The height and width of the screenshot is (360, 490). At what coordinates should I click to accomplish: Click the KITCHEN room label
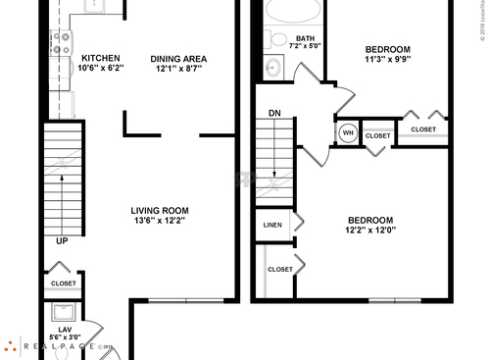click(101, 58)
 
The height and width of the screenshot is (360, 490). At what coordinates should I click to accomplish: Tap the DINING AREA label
click(178, 58)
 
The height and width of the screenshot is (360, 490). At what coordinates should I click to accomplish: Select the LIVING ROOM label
click(160, 210)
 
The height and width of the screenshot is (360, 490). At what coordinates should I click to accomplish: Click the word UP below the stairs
click(63, 240)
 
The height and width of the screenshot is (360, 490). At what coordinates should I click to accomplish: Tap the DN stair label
click(275, 112)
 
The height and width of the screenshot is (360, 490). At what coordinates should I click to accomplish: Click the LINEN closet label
click(273, 225)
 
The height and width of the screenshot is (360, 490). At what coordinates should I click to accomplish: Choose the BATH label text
click(291, 38)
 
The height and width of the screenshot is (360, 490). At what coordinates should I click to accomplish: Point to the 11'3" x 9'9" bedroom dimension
click(387, 59)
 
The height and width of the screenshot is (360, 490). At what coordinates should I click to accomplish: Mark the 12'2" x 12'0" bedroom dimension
click(369, 231)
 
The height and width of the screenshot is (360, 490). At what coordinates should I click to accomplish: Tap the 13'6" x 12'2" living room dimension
click(160, 221)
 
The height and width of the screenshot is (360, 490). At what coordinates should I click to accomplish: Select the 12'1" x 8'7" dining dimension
click(178, 69)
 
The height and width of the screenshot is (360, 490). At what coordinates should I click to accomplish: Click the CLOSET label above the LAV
click(64, 283)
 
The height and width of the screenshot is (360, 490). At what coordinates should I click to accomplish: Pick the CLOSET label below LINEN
click(280, 268)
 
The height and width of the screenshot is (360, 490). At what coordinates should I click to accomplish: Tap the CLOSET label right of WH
click(377, 135)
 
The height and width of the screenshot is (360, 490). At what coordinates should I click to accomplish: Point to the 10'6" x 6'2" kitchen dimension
click(101, 69)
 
